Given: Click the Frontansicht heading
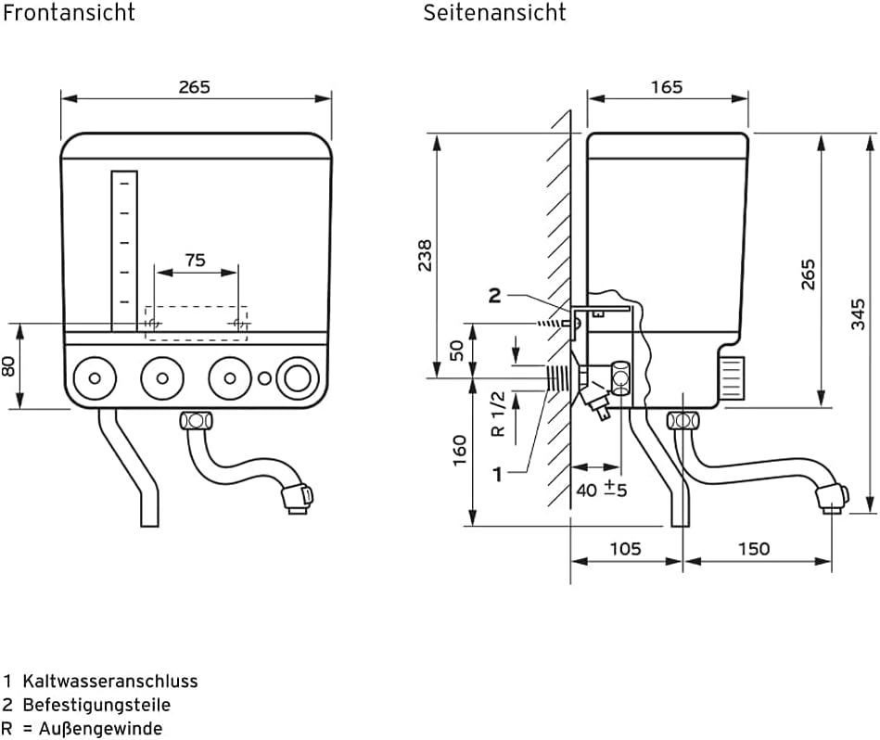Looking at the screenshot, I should coord(70,13).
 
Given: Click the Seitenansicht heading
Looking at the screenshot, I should coord(494,13).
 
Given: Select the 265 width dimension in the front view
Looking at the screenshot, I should coord(195,86).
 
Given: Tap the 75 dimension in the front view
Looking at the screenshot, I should coord(195,261).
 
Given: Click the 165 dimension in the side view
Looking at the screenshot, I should coord(666,86).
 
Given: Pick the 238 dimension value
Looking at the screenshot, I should coord(425,255).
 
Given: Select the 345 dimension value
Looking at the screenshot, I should coord(859,313).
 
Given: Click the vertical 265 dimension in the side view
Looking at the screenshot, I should coord(808,274).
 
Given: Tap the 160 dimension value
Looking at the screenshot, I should coord(459,452).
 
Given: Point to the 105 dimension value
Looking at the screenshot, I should coord(625,548).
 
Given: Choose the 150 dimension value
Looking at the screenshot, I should coord(753,548).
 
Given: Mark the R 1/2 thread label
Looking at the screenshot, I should coord(498,414).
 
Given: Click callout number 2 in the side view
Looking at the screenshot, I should coord(494,295).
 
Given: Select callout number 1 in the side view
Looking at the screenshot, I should coord(497,474).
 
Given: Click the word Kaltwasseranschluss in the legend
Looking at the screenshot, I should coord(110,681).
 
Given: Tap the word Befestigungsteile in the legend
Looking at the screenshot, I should coord(97,705).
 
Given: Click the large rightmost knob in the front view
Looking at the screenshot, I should coord(298,377).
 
